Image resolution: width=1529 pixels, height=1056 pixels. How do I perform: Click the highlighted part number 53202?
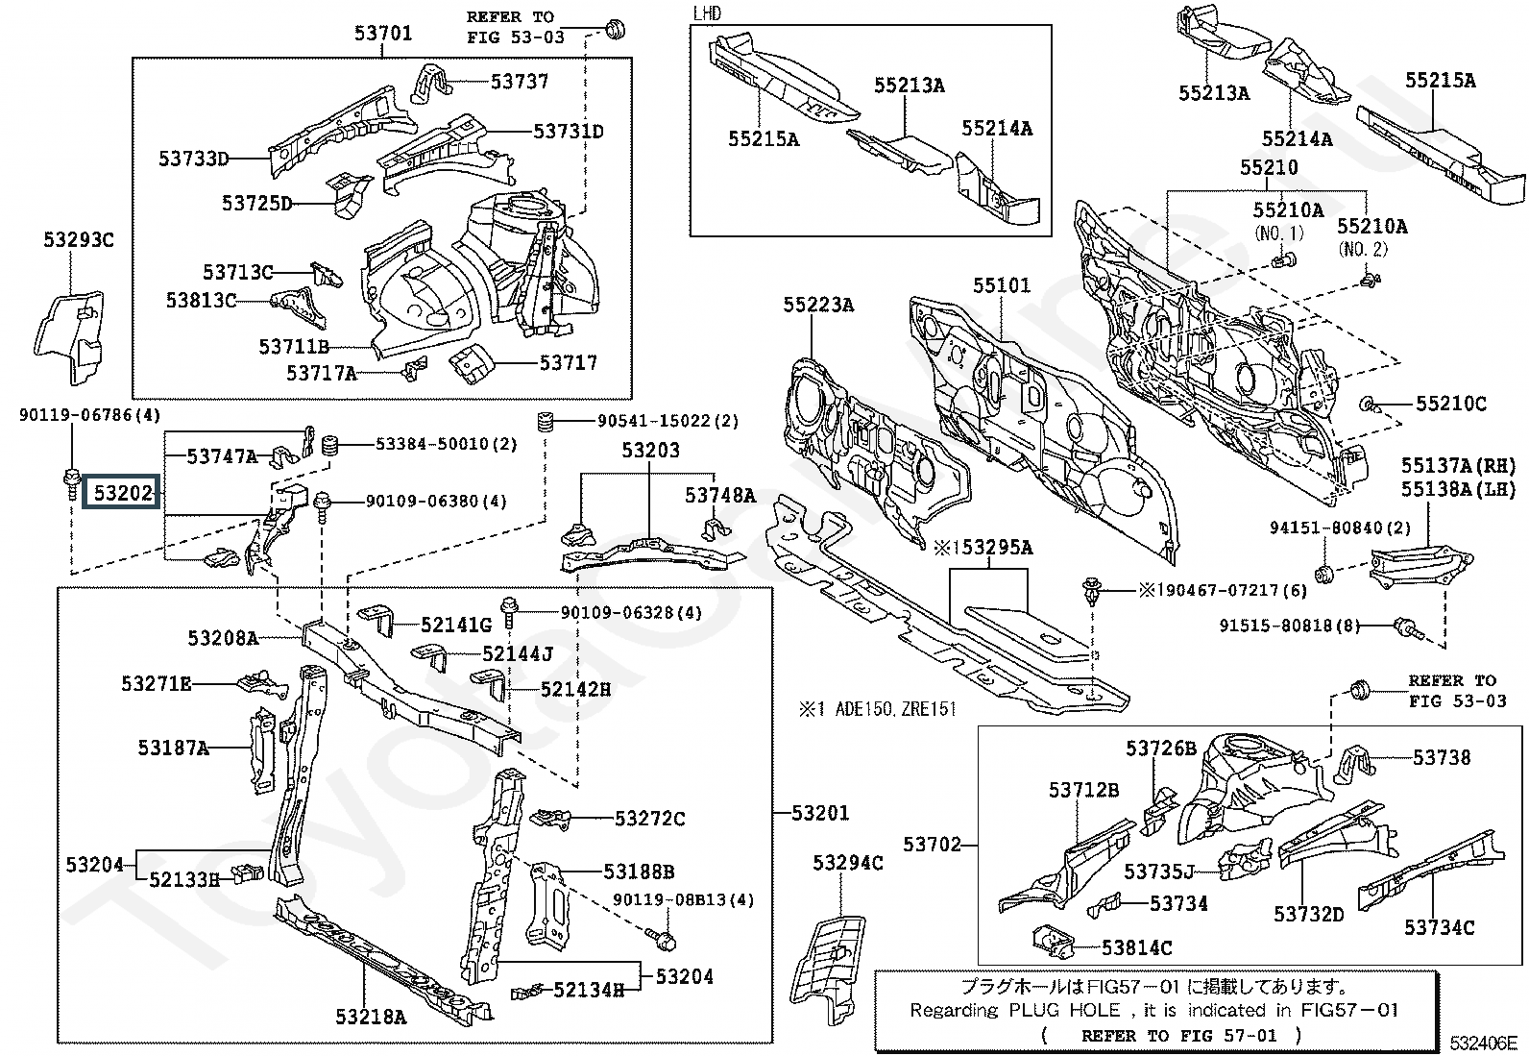(122, 493)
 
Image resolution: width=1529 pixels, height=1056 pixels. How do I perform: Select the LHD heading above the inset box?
(707, 13)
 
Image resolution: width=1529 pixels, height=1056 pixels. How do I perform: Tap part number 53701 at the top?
(383, 33)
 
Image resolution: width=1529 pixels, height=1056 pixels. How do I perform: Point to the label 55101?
(1002, 284)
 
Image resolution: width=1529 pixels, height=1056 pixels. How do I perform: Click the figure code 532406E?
(1483, 1043)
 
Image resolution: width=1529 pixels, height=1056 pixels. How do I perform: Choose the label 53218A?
(371, 1017)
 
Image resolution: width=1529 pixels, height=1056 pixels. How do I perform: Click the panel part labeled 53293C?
(69, 336)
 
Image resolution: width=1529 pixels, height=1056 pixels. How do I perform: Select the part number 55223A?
(817, 305)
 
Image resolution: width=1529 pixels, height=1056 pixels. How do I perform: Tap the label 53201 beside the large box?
(820, 813)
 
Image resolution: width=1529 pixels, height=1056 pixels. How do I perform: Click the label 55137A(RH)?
(1458, 466)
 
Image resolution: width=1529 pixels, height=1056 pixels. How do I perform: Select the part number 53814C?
(1136, 948)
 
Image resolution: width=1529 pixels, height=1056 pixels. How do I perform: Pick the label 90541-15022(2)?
(668, 421)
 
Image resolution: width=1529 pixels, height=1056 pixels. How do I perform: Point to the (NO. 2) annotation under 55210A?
(1363, 249)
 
